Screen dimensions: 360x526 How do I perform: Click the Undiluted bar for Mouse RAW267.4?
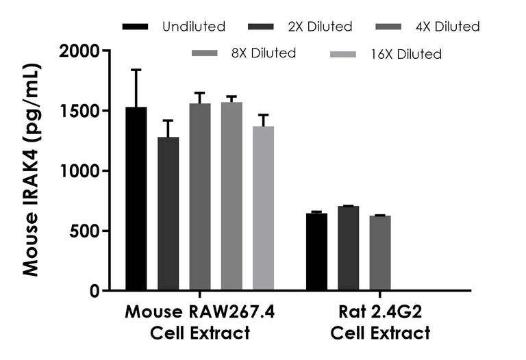click(136, 198)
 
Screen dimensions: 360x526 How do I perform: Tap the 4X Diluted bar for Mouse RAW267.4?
click(199, 197)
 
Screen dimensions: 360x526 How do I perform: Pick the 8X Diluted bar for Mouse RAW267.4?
click(231, 196)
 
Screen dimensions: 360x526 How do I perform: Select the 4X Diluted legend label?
click(448, 27)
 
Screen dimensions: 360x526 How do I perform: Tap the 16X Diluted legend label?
click(410, 53)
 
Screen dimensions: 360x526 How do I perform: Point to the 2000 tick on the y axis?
click(79, 51)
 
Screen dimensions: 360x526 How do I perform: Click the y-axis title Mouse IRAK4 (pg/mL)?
click(31, 170)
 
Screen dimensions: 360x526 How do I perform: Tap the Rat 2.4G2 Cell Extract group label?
click(380, 322)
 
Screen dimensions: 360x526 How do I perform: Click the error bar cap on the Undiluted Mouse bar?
click(136, 70)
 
